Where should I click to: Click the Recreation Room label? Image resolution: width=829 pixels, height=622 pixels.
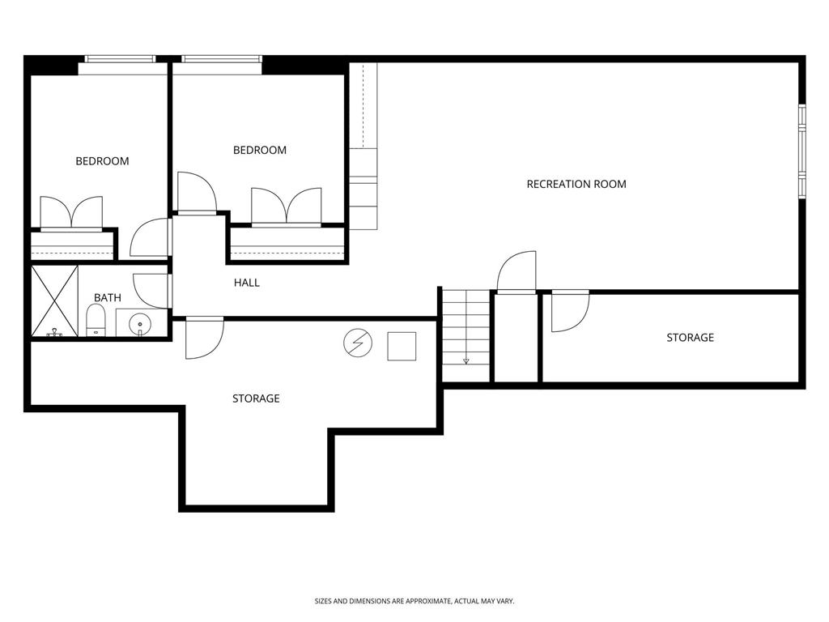click(576, 184)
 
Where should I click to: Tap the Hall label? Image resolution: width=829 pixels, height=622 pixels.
click(246, 283)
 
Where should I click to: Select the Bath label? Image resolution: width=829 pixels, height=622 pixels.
click(108, 298)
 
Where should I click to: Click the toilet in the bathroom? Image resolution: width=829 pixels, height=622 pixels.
click(96, 321)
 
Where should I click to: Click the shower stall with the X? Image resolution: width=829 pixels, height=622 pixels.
click(54, 301)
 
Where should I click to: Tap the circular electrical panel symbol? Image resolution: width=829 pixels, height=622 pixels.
click(358, 343)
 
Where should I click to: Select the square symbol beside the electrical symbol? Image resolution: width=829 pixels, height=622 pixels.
click(402, 347)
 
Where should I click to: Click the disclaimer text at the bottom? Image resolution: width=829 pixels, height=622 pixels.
click(414, 601)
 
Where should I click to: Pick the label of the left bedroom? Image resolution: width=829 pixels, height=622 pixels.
click(102, 161)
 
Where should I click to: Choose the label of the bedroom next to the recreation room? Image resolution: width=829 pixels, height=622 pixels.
click(260, 150)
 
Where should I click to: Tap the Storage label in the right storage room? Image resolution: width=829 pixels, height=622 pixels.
click(690, 338)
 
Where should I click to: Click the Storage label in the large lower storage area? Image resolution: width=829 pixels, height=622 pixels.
click(256, 398)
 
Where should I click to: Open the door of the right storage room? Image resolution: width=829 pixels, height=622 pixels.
click(570, 311)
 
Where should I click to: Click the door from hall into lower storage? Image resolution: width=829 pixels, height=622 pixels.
click(205, 338)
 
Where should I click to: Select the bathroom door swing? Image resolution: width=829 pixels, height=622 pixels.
click(152, 292)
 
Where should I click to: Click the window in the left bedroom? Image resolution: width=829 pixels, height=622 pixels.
click(120, 59)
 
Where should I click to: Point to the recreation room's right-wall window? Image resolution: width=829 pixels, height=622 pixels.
click(802, 151)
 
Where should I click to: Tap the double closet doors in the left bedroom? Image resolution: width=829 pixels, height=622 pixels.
click(71, 213)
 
